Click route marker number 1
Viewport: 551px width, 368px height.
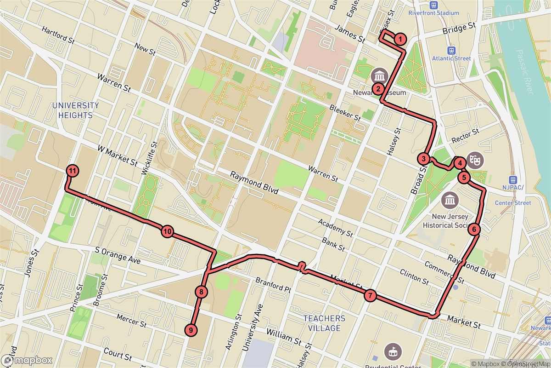[400, 39]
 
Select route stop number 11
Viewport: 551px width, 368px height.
[72, 171]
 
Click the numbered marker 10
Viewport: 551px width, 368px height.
[167, 231]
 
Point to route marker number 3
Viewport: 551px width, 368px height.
[423, 159]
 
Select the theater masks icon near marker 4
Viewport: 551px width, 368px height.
[475, 160]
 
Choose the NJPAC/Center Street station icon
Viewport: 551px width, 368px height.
[513, 181]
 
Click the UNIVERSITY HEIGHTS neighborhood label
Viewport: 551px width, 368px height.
[75, 110]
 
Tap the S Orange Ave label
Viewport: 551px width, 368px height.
[118, 256]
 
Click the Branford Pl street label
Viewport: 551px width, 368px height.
[274, 284]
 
